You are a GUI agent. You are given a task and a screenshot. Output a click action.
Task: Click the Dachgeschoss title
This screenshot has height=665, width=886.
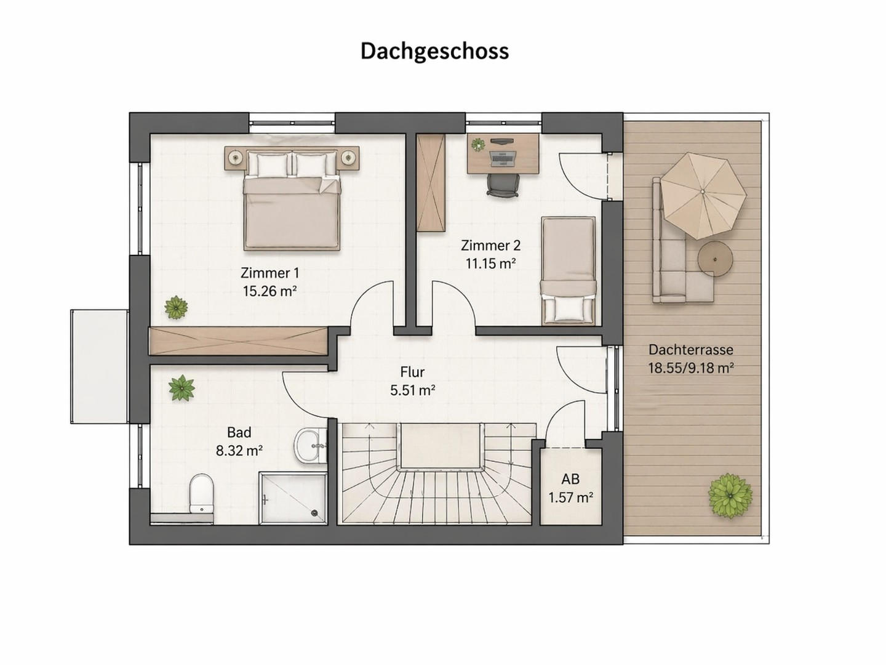[434, 52]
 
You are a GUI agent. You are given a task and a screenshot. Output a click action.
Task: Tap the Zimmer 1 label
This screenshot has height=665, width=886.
[269, 273]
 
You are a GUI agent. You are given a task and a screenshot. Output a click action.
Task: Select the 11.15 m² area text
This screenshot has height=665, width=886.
[490, 264]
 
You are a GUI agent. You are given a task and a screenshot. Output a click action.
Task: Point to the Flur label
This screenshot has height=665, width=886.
[412, 372]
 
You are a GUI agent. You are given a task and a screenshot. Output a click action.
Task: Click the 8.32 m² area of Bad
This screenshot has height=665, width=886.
[239, 450]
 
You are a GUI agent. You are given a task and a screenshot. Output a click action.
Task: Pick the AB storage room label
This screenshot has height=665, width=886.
[570, 479]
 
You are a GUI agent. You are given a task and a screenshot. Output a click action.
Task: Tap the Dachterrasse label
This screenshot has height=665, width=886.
[690, 350]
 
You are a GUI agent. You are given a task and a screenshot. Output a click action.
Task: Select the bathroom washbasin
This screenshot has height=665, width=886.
[310, 446]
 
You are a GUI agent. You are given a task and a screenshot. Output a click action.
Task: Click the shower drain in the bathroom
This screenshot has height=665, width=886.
[314, 513]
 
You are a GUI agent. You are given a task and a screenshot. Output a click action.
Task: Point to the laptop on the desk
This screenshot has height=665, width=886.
[502, 159]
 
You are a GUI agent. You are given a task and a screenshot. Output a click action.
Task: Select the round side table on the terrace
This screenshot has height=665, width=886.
[715, 259]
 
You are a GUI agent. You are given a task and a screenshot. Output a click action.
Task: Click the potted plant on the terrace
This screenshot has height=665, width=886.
[730, 496]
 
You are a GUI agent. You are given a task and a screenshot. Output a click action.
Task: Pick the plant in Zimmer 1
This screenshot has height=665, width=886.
[176, 307]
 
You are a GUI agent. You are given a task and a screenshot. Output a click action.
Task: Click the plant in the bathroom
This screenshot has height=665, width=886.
[182, 388]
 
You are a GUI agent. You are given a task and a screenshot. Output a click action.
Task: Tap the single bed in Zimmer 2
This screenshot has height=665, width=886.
[569, 270]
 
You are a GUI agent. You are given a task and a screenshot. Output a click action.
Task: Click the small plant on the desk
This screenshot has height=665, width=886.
[478, 145]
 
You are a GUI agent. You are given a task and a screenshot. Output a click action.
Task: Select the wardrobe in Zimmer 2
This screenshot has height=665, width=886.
[431, 183]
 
